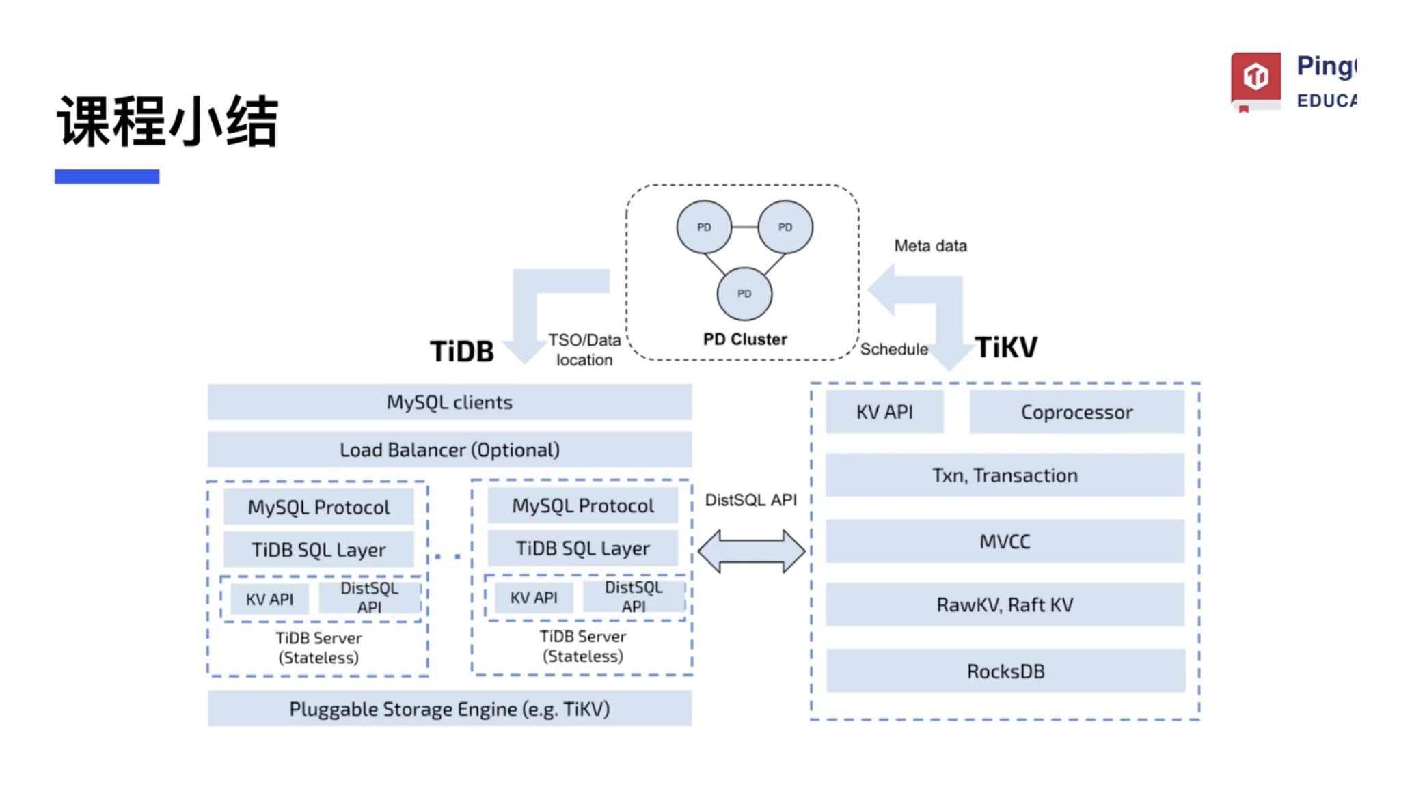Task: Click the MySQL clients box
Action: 449,402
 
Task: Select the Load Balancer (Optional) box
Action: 449,449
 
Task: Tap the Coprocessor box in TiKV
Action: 1076,412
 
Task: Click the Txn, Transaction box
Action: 1004,475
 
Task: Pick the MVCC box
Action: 1004,541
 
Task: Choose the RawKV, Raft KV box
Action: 1004,604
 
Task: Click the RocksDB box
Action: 1005,671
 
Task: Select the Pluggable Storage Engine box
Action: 449,708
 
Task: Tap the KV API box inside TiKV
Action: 884,412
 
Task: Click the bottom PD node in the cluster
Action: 744,294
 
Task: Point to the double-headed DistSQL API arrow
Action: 751,551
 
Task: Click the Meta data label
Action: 930,246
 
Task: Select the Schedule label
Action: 893,349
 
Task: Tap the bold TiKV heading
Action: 1005,347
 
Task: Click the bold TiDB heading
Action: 461,351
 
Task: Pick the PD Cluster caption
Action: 744,339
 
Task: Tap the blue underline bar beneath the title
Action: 107,176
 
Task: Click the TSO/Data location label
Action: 584,350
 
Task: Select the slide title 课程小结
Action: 167,122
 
